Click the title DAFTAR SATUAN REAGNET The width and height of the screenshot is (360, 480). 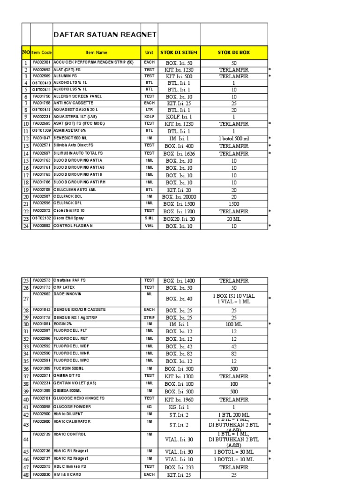(105, 35)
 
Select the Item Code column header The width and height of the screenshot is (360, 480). (42, 53)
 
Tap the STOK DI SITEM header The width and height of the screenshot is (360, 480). (179, 53)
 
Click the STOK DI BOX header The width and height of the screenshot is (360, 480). (233, 53)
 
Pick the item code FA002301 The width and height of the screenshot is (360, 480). (42, 62)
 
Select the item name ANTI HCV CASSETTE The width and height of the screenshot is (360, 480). (73, 103)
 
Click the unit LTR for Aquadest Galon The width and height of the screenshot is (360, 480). (149, 110)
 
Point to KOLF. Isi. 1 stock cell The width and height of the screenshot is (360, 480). (179, 117)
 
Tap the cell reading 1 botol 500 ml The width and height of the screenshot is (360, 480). (233, 139)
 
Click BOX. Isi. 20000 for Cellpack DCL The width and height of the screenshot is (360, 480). (179, 197)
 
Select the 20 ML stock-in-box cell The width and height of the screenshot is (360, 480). (233, 219)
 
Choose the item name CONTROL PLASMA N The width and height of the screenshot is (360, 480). (73, 226)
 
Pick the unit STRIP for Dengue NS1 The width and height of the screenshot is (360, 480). (149, 317)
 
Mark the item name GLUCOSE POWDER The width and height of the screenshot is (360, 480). (72, 407)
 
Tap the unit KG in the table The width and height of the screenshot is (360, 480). (149, 407)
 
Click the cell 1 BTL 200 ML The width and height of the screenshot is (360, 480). (233, 415)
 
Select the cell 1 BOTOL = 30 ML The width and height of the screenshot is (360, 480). (233, 452)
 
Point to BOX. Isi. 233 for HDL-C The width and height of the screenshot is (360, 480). (179, 467)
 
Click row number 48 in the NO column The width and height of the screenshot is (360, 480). (26, 475)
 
